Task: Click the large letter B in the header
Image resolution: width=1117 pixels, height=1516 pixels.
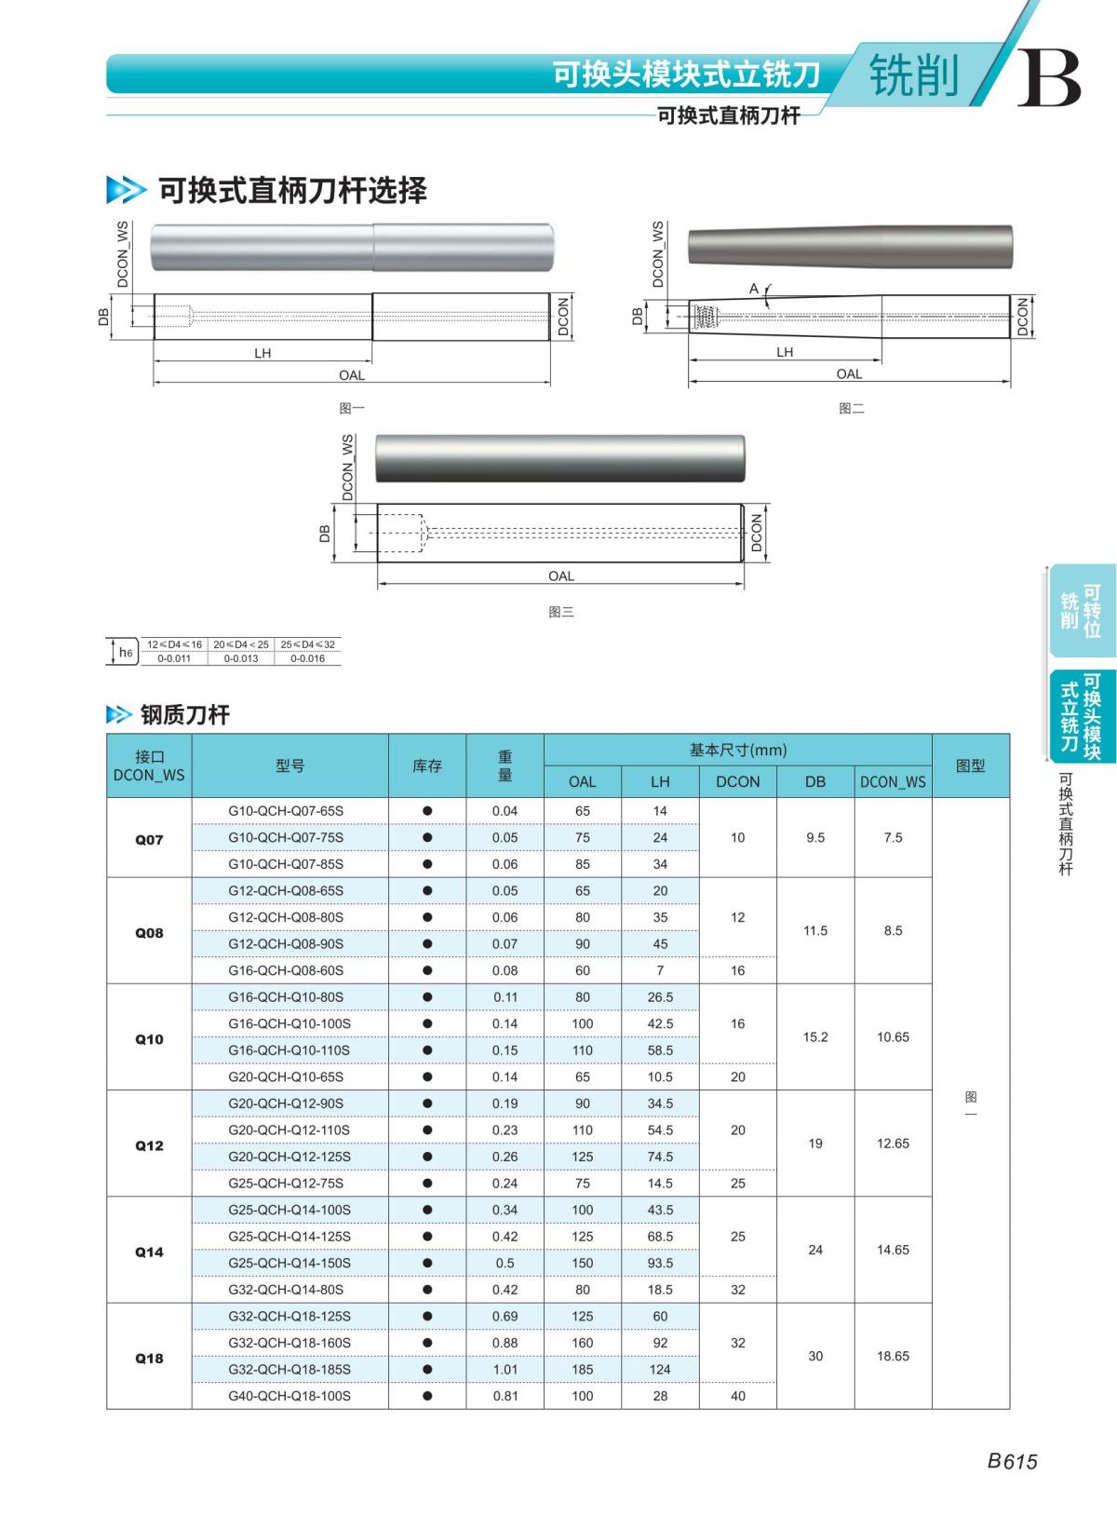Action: (x=1049, y=78)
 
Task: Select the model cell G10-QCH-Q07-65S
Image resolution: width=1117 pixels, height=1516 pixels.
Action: (x=286, y=811)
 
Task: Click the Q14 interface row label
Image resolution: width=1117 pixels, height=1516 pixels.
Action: (x=149, y=1252)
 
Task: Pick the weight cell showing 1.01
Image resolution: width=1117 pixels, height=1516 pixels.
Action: (x=505, y=1369)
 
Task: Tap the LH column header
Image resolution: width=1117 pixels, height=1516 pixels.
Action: (x=660, y=781)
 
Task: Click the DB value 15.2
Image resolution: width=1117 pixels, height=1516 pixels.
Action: (x=815, y=1036)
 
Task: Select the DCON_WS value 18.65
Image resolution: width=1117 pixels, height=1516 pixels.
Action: (x=893, y=1356)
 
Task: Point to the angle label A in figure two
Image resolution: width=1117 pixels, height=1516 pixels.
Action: (x=754, y=289)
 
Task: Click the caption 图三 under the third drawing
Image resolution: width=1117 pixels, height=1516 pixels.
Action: (x=560, y=612)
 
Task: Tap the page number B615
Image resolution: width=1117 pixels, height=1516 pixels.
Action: (x=1012, y=1461)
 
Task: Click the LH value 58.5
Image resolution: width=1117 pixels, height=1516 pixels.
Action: (x=660, y=1050)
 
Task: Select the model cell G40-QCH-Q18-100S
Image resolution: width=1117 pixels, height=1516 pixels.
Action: (x=289, y=1396)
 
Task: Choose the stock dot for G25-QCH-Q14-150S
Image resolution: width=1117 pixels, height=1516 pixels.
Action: (x=427, y=1263)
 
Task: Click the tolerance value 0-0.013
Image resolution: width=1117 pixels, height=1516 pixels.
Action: (x=241, y=658)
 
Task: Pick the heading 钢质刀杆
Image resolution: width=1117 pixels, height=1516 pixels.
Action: (x=184, y=715)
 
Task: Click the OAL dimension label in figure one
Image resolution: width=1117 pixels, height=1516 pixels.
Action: (x=352, y=375)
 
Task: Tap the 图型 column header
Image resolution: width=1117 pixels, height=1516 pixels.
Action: (x=970, y=765)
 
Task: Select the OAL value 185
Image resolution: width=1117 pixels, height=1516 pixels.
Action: (x=583, y=1369)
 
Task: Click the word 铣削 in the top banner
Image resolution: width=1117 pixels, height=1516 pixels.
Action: (x=913, y=74)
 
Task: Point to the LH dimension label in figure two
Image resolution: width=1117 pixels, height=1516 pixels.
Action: (x=785, y=352)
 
